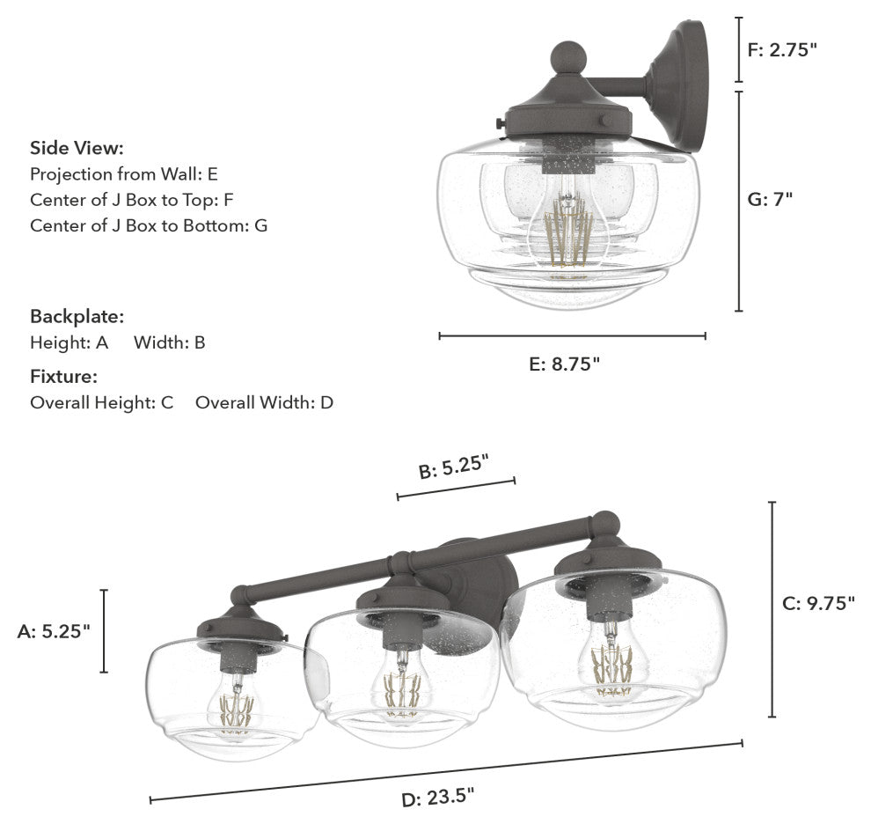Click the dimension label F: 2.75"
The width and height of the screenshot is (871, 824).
point(782,50)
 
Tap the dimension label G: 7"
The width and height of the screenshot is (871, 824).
point(769,198)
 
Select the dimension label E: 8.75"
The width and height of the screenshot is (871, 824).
point(564,364)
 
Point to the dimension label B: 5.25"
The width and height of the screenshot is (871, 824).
point(453,466)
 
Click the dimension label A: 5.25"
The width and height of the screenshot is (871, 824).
point(54,631)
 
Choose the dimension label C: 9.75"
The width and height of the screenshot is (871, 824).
point(819,603)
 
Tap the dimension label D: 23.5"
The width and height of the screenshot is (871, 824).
point(438,798)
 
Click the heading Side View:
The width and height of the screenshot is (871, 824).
point(77,148)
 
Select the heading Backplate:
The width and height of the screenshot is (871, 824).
point(77,316)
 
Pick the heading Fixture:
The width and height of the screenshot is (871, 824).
point(64,377)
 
